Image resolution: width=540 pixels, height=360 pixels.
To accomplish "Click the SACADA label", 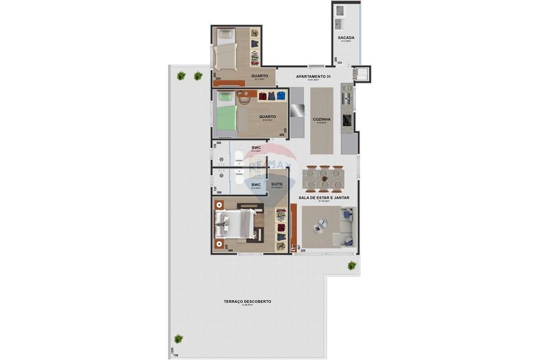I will (x=346, y=37).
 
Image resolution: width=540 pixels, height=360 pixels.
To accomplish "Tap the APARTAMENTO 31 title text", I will (x=313, y=77).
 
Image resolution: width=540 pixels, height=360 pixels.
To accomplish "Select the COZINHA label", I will (x=321, y=119).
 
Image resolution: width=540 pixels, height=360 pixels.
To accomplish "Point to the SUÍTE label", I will (x=276, y=184).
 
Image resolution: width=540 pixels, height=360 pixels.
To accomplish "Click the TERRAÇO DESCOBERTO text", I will (x=248, y=302).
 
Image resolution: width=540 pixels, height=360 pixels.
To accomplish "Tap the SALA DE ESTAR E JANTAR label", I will (x=324, y=198).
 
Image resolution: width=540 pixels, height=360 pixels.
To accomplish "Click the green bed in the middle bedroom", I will (x=227, y=116).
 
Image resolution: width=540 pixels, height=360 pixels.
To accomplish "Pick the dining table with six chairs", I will (x=323, y=179).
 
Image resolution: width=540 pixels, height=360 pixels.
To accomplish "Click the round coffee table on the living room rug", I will (x=322, y=224).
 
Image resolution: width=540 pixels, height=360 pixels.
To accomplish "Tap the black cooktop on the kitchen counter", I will (x=347, y=120).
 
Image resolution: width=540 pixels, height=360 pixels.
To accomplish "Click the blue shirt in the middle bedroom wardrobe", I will (x=281, y=96).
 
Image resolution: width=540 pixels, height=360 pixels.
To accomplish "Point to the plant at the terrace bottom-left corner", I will (x=178, y=339).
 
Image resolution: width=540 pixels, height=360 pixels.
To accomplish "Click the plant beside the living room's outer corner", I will (x=352, y=265).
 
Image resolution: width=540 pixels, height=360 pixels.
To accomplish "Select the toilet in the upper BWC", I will (x=239, y=157).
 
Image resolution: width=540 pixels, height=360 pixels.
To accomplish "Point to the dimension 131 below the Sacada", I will (x=340, y=63).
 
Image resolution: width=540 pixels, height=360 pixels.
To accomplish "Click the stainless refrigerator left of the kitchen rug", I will (x=298, y=111).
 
